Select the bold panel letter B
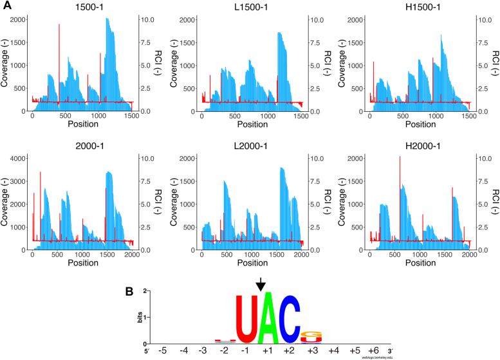[x=129, y=291]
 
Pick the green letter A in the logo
[x=266, y=318]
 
